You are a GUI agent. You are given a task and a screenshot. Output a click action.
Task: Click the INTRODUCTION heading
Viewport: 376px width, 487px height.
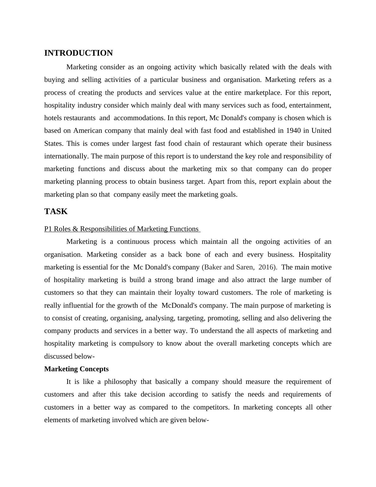(78, 53)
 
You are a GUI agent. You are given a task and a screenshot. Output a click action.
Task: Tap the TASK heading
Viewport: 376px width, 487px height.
(56, 212)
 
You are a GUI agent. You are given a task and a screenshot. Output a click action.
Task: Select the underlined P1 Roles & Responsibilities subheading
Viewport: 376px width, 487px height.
(122, 229)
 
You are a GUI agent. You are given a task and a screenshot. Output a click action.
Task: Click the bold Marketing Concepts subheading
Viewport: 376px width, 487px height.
(76, 369)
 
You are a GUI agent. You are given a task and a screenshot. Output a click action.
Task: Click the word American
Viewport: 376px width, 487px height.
(88, 131)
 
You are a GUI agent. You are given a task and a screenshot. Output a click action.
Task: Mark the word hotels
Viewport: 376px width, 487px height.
(53, 118)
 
